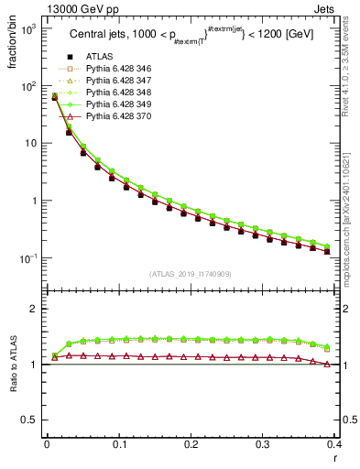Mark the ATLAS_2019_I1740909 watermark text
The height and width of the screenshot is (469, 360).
tap(190, 274)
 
